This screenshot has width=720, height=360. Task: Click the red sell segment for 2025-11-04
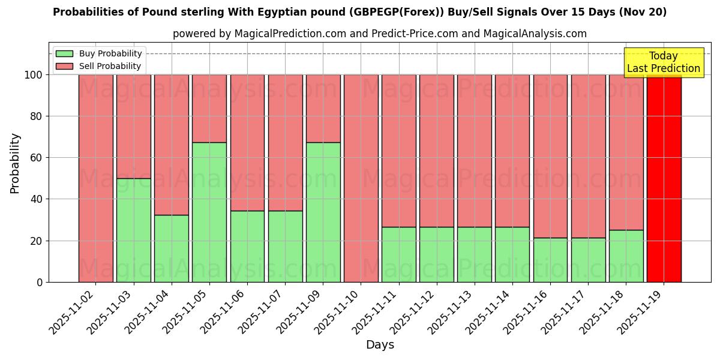click(172, 145)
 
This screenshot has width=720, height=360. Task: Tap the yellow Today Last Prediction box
click(664, 62)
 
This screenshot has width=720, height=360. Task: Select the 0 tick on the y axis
click(40, 282)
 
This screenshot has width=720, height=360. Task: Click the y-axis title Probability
click(15, 163)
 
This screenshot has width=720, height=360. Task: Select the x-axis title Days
click(380, 345)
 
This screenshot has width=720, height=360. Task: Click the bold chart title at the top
click(359, 12)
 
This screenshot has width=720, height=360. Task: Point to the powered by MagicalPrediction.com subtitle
click(379, 34)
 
